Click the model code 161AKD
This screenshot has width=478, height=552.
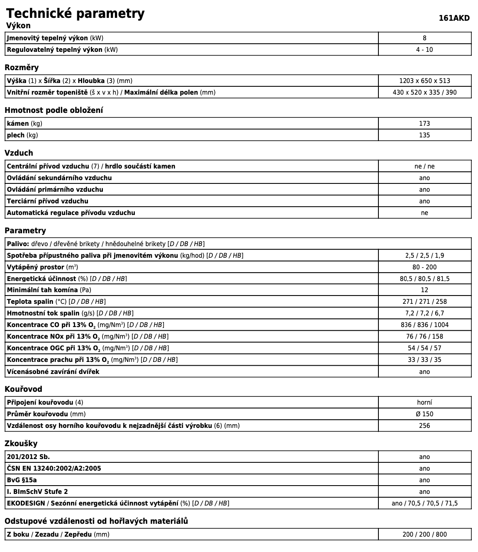tap(454, 18)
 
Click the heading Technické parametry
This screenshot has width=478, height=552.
tap(75, 13)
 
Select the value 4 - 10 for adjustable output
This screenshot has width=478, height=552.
tap(424, 50)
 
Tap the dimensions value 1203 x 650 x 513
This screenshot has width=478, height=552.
tap(424, 81)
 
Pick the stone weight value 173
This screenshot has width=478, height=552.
tap(424, 124)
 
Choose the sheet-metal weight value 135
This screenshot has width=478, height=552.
tap(424, 135)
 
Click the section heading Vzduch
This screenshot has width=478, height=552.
tap(19, 153)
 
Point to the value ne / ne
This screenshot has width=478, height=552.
tap(424, 166)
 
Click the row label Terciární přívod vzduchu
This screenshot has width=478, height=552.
tap(48, 201)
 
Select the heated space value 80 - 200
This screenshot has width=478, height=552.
tap(424, 267)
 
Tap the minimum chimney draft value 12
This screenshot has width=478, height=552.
tap(424, 290)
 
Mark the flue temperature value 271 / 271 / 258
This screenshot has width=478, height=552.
tap(424, 302)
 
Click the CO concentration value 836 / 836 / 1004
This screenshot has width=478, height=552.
tap(424, 325)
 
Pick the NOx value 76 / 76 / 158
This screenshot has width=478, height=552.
tap(424, 337)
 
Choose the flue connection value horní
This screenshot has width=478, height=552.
tap(424, 403)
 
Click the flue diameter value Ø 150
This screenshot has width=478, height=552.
tap(424, 414)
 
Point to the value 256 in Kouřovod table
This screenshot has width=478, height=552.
tap(424, 426)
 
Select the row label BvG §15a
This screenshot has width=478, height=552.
tap(22, 480)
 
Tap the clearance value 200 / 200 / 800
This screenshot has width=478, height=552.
tap(424, 535)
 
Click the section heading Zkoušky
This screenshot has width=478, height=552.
tap(21, 444)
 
